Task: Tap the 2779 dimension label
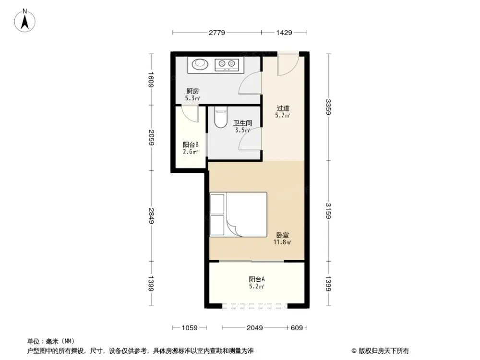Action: tap(216, 33)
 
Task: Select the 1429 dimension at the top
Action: tap(284, 33)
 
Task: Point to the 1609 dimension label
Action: tap(151, 79)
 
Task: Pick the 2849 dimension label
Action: tap(151, 216)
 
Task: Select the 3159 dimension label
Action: tap(328, 211)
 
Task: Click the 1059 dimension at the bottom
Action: tap(190, 328)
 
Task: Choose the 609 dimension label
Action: tap(297, 328)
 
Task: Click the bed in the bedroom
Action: tap(238, 214)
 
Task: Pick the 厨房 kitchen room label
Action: tap(192, 91)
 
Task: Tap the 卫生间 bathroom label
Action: tap(242, 123)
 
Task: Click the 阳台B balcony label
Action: tap(191, 144)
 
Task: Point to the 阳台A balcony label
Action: tap(257, 279)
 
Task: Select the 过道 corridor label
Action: tap(283, 108)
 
